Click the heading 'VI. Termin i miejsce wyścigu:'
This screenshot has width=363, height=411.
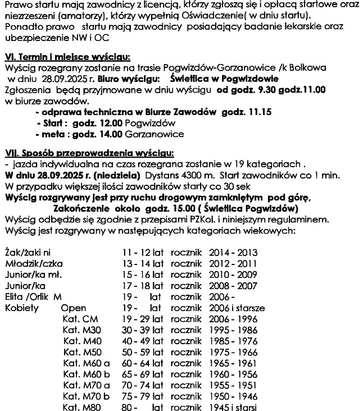[x=67, y=57]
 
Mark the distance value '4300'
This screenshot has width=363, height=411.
[x=189, y=175]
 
